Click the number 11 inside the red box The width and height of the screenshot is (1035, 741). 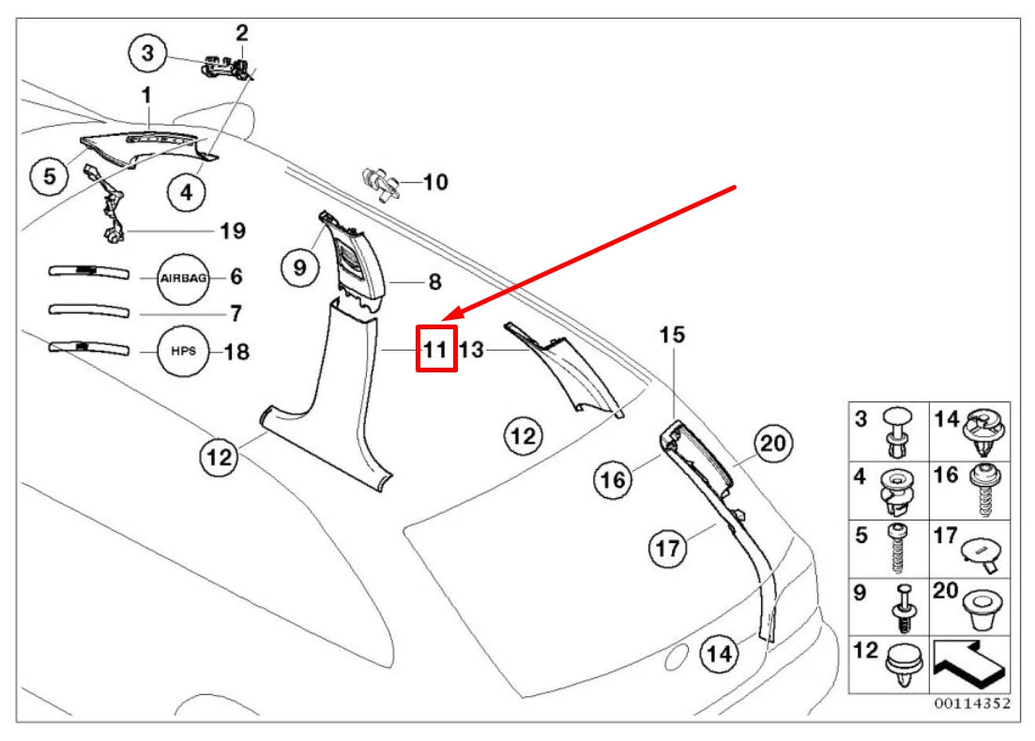[x=436, y=350]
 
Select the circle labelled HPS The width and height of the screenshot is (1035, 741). [x=183, y=352]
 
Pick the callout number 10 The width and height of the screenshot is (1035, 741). [x=435, y=182]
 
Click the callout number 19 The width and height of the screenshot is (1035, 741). [x=232, y=231]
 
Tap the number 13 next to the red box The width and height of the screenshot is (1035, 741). [x=470, y=350]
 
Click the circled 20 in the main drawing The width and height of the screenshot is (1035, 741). [x=772, y=444]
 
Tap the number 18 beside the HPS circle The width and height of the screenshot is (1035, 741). [x=237, y=352]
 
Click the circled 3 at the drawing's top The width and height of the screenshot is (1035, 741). [x=147, y=53]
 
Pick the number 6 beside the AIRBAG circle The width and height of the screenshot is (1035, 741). [x=237, y=277]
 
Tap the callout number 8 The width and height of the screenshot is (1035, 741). [x=434, y=280]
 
